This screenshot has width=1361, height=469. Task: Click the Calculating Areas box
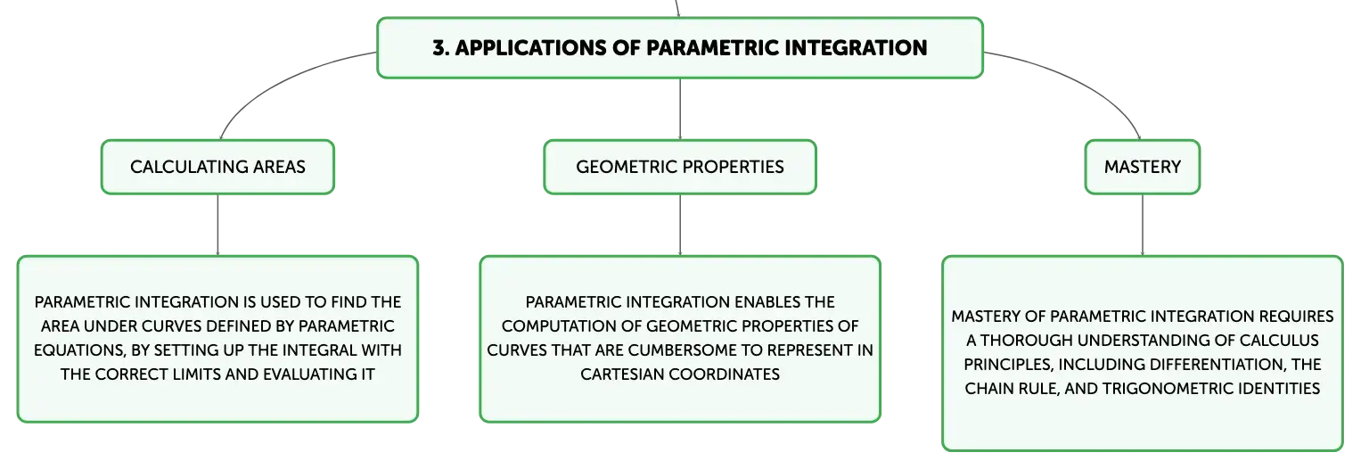[217, 167]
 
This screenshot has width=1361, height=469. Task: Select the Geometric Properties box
[680, 167]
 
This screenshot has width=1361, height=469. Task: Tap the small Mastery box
[1143, 167]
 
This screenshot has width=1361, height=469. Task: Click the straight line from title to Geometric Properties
[680, 110]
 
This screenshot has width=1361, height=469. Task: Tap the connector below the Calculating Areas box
[217, 225]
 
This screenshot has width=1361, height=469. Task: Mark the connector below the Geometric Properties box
[680, 225]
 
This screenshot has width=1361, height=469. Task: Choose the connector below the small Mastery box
[1143, 225]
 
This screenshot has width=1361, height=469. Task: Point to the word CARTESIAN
[621, 374]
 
